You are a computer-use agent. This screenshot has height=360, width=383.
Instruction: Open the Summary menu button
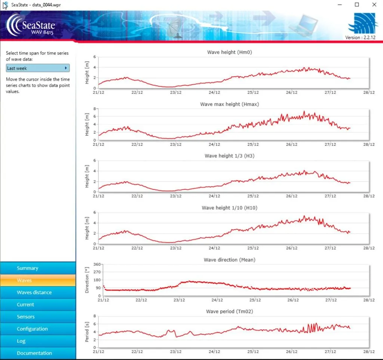38,268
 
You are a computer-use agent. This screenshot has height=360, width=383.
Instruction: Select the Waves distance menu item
38,292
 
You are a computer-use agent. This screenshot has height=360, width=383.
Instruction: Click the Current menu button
38,305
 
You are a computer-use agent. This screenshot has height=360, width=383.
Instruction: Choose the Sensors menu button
38,317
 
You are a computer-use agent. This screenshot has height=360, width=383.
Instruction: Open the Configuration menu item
38,329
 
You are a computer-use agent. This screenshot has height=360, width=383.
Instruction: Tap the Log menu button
38,341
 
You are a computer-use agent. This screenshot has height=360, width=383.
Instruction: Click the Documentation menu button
38,353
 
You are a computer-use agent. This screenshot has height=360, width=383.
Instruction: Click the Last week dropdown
38,68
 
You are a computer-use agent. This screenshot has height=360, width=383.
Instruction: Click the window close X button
374,4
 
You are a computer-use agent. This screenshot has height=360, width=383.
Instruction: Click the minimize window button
340,4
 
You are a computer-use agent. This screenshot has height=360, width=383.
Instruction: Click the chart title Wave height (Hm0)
230,52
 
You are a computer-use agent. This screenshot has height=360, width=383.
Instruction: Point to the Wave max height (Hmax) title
230,104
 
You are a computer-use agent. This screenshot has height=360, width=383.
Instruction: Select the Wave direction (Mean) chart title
230,260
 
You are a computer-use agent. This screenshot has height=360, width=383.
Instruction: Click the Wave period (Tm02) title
230,311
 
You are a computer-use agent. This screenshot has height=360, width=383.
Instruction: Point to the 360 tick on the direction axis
97,264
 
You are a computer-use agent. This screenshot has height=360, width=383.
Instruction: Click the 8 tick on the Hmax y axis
95,109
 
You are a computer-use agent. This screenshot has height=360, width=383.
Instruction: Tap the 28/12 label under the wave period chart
369,352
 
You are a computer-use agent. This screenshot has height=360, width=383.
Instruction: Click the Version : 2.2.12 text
360,38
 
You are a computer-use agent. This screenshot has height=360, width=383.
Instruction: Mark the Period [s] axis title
87,332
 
